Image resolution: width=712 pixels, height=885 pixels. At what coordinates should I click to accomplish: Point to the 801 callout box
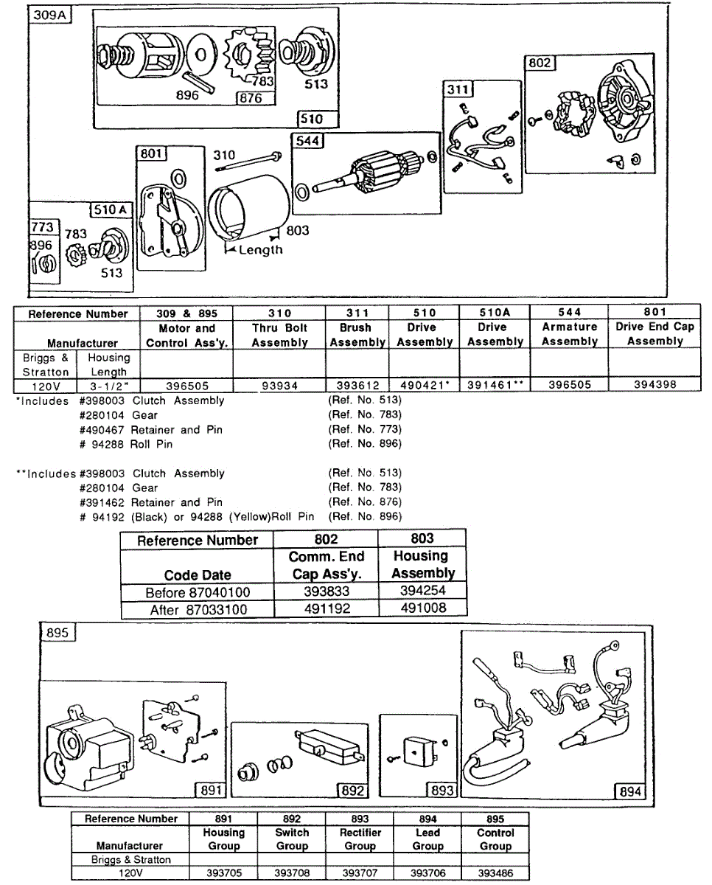click(153, 154)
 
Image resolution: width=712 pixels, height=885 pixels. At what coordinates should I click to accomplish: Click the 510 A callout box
click(110, 210)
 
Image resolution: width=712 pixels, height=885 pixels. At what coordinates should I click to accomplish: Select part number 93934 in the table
click(279, 385)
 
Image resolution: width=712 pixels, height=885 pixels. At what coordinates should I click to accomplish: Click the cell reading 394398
click(654, 385)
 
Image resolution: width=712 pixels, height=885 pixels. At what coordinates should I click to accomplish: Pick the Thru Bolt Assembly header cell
click(279, 334)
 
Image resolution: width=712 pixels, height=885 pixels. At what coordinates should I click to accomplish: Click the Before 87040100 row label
click(197, 592)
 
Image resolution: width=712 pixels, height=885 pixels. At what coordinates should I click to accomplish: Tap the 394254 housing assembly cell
click(422, 591)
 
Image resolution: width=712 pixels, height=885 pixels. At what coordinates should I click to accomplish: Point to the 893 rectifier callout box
click(441, 791)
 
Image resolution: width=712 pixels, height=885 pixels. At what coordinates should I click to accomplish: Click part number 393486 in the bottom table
click(495, 872)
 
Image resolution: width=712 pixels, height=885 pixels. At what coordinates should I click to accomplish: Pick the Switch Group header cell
click(293, 839)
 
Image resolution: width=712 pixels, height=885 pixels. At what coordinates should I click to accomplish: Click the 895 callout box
click(57, 634)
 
